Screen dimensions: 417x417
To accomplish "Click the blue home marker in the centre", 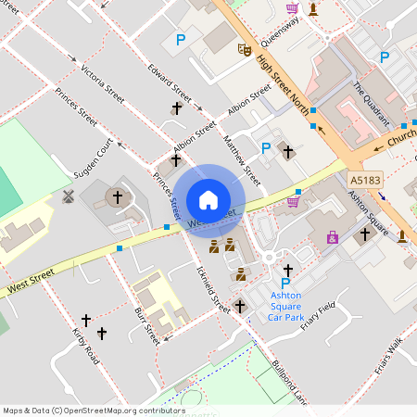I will pos(208,199).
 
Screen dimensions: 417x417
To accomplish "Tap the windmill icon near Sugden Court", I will pos(67,196).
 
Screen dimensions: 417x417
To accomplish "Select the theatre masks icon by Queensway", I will pos(245,47).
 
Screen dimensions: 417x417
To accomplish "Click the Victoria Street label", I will pos(102,83).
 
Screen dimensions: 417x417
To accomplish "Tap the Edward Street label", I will pos(170,84).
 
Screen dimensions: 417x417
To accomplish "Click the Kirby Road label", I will pos(85,345).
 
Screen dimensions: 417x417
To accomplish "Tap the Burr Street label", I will pos(147,324).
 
